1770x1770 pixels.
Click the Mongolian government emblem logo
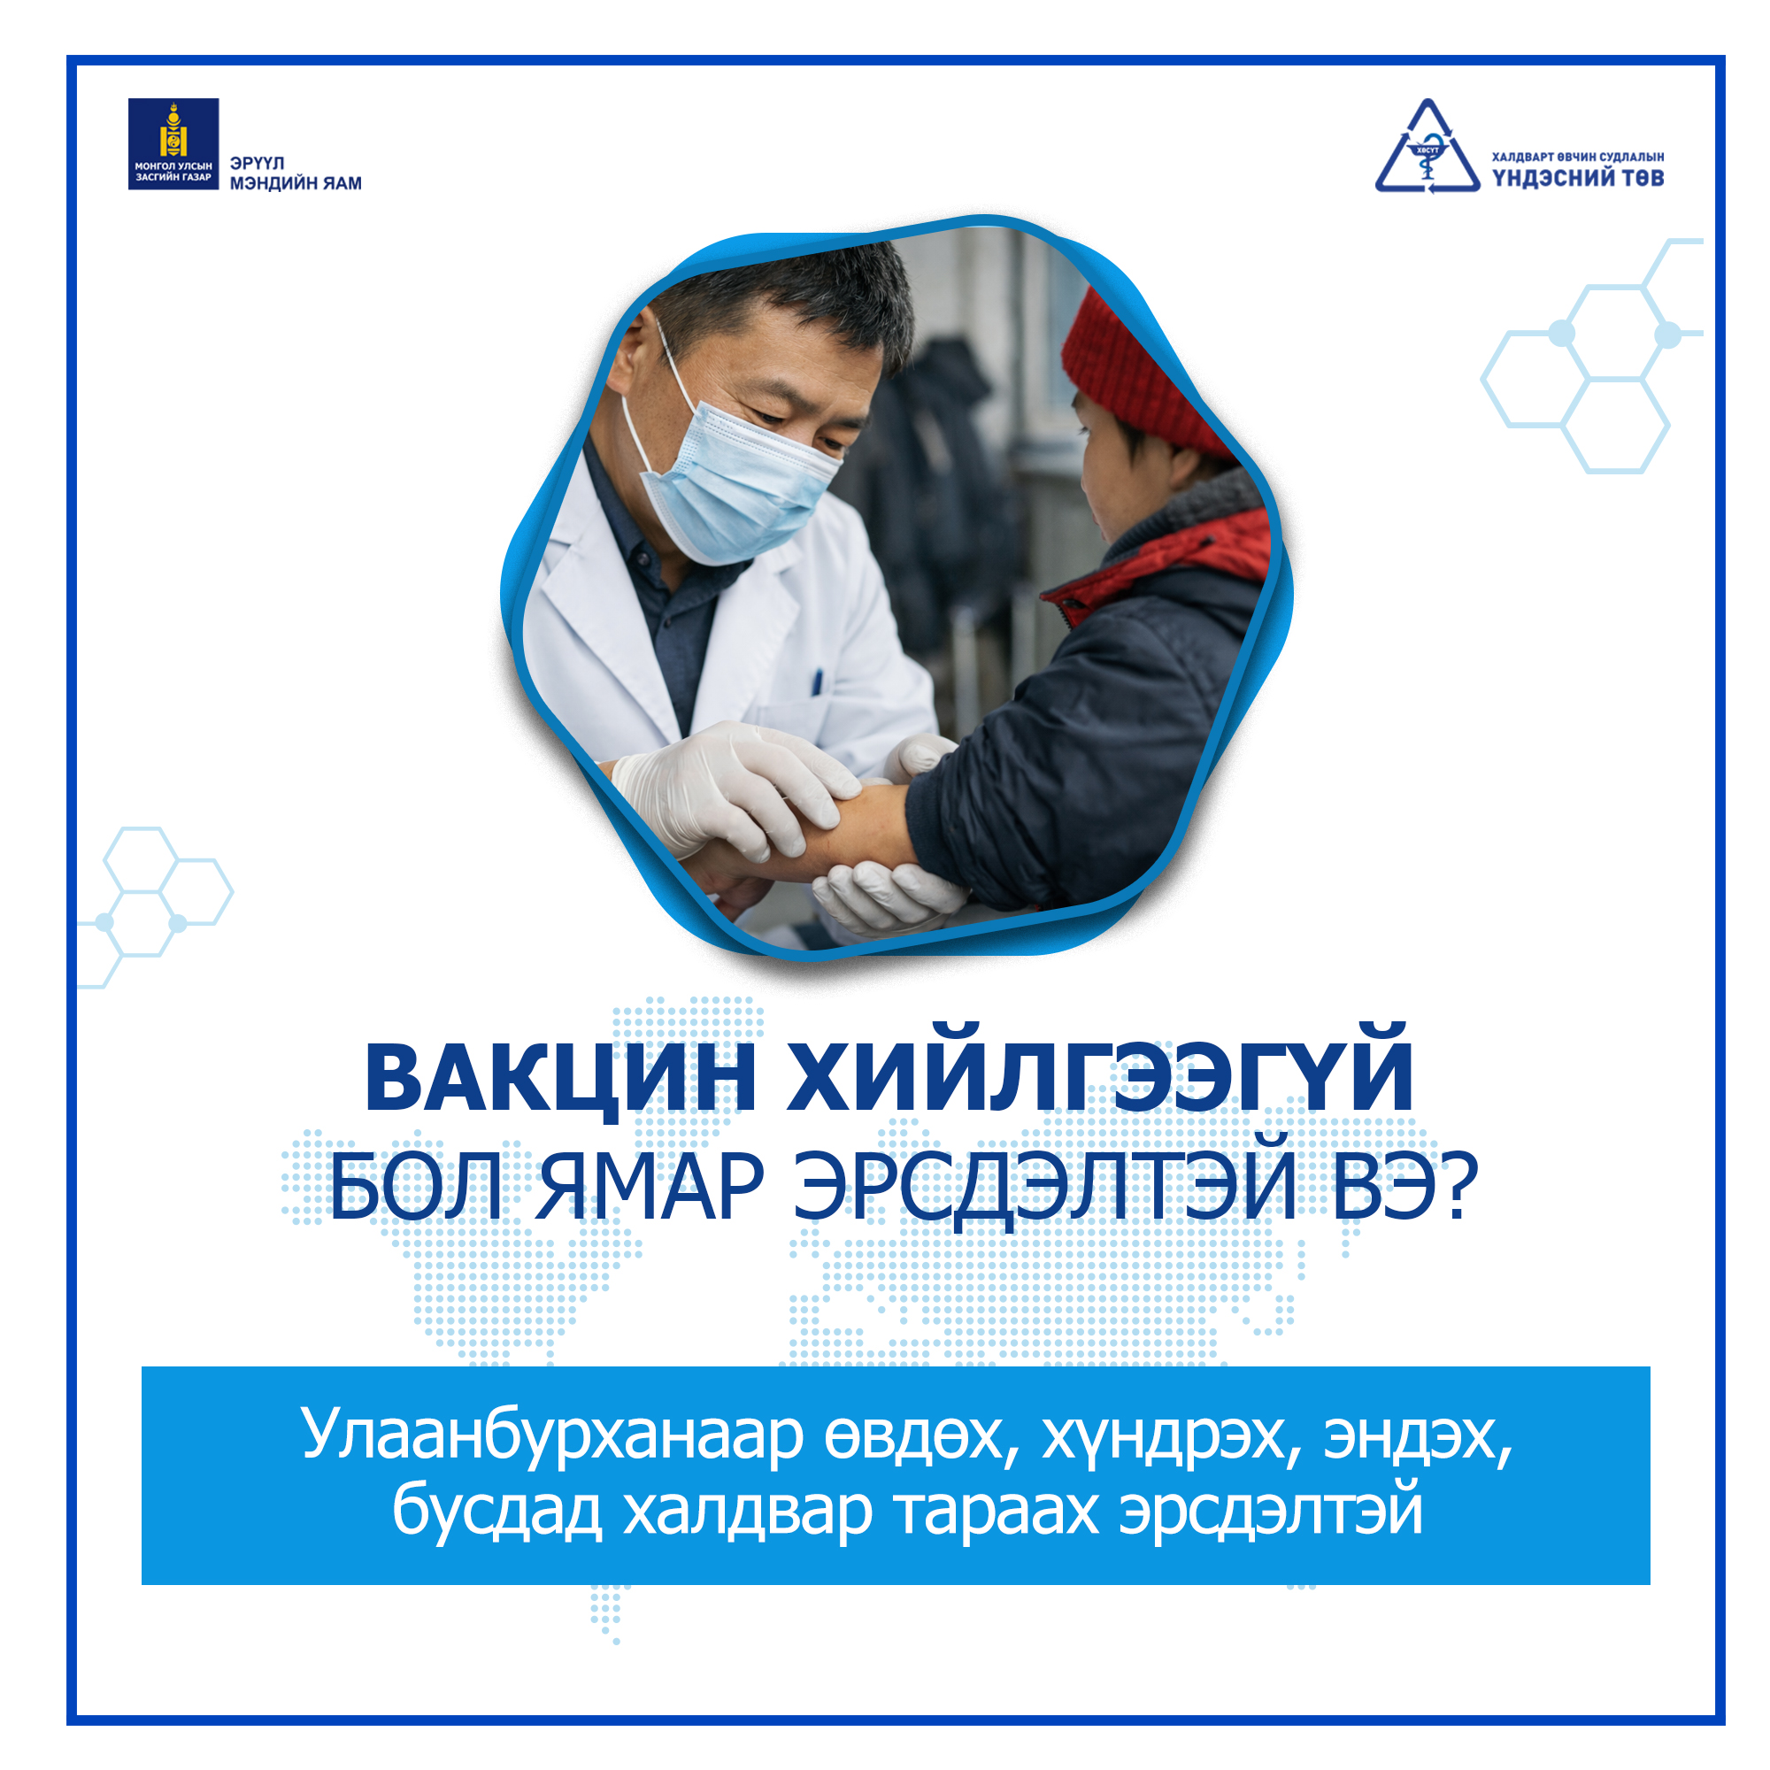coord(173,144)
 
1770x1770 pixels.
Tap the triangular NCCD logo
coord(1427,148)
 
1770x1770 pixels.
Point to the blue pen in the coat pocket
coord(817,681)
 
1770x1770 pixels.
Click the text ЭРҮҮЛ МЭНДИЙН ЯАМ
coord(295,173)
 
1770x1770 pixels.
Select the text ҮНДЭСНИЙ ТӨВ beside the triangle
coord(1578,178)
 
